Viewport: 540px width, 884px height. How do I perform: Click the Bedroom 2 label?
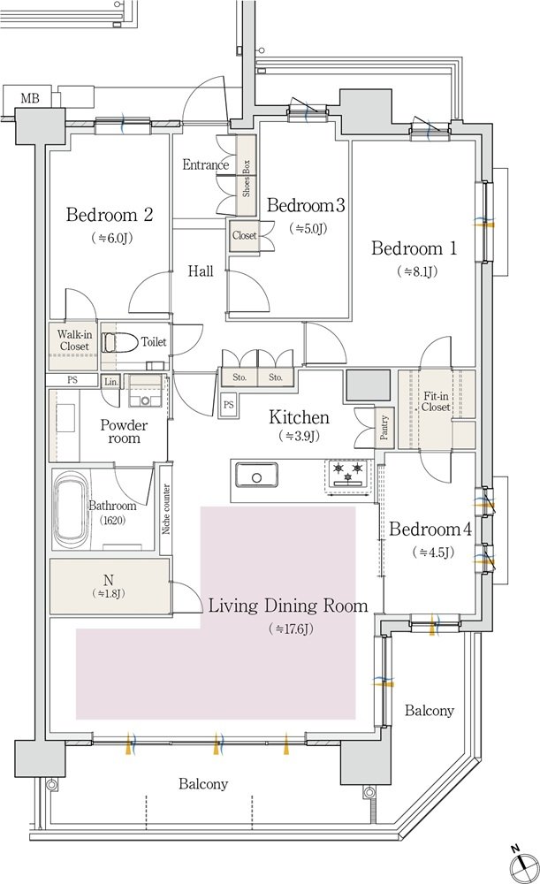click(x=110, y=215)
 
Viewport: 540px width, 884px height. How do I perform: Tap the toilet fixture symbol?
click(x=120, y=342)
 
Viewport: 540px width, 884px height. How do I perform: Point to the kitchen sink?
click(x=256, y=475)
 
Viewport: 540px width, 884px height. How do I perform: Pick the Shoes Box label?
click(x=246, y=179)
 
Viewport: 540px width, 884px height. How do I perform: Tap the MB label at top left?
click(x=30, y=98)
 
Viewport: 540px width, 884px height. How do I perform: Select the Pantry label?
click(x=384, y=427)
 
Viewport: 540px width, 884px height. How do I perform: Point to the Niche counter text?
click(x=166, y=509)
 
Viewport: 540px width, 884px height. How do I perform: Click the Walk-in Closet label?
click(x=74, y=340)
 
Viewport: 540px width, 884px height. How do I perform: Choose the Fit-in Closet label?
click(x=437, y=401)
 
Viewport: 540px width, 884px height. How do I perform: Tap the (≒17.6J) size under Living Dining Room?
click(x=291, y=628)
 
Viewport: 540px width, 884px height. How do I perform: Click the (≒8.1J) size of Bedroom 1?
click(x=418, y=271)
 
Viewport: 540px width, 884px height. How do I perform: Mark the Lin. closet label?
click(x=111, y=382)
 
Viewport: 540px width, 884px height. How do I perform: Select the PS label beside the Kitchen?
click(x=228, y=404)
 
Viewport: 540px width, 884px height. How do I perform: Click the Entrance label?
click(x=205, y=164)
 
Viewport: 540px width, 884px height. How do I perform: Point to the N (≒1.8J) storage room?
click(x=110, y=586)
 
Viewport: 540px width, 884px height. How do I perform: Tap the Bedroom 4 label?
click(x=430, y=530)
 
